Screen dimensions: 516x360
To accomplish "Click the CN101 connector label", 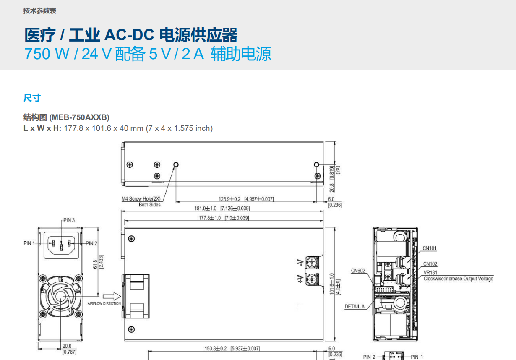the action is point(430,248).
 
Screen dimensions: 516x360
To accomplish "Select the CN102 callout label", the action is point(430,264).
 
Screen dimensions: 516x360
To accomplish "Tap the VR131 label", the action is point(430,272).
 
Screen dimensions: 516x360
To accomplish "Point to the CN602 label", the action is point(358,271).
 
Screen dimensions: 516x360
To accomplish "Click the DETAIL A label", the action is point(354,307).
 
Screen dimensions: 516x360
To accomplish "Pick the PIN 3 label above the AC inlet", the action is point(69,220).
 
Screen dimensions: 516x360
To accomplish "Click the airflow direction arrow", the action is point(112,296).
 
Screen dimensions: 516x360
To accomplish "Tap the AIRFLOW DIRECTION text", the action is point(104,304).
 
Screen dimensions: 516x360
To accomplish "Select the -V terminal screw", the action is point(312,263).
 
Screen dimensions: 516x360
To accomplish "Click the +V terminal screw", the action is point(312,279).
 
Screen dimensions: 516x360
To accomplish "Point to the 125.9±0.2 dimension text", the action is point(229,199).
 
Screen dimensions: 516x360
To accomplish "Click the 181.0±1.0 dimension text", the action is point(206,209).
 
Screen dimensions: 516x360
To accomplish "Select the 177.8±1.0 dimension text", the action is point(210,218).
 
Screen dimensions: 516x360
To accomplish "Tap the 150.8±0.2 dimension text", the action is point(216,349).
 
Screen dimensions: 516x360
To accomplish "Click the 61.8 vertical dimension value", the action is point(95,264).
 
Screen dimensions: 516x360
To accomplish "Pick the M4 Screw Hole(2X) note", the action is point(141,199).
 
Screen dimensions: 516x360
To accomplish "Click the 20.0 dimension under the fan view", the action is point(67,346).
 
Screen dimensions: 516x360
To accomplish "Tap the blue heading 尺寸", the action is point(32,98).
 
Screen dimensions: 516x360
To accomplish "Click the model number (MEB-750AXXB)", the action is point(79,117).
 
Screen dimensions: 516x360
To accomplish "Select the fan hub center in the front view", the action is point(60,296).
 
